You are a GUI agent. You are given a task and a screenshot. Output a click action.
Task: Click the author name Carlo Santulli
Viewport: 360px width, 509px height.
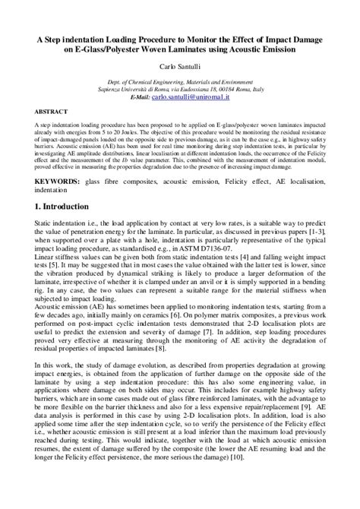click(x=180, y=66)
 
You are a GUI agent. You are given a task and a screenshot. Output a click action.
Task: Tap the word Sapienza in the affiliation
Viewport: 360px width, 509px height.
click(x=142, y=89)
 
